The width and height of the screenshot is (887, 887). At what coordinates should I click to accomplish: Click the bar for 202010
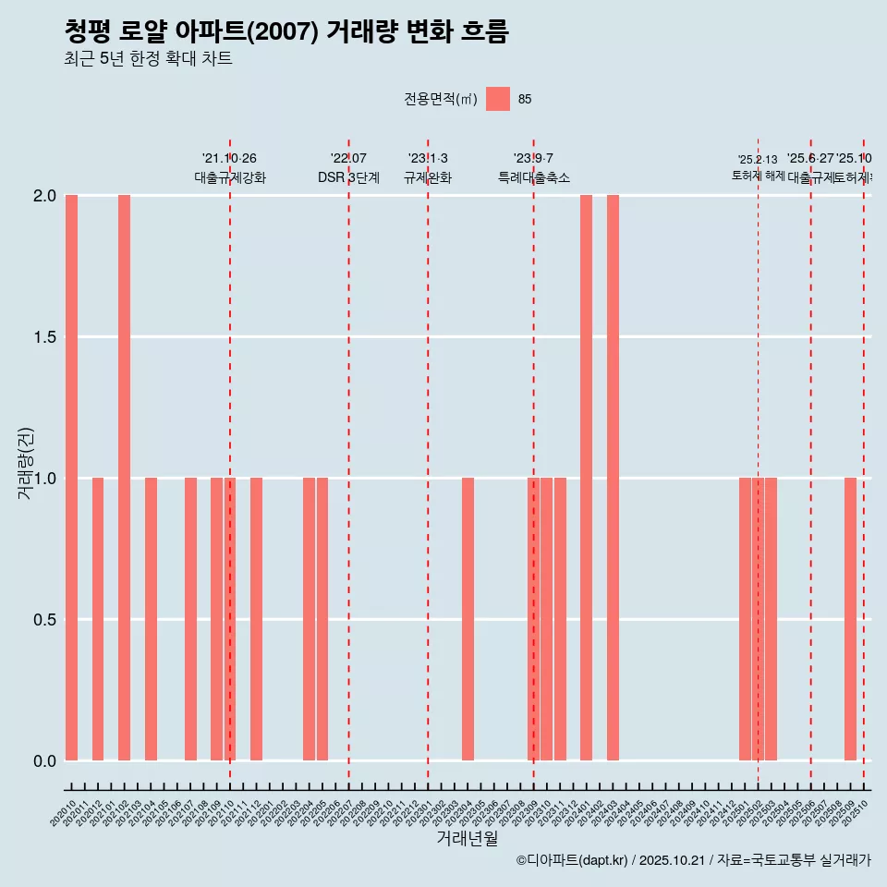pyautogui.click(x=71, y=478)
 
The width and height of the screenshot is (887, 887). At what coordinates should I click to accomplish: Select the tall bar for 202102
pyautogui.click(x=124, y=478)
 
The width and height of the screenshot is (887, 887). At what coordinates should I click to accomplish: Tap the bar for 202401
pyautogui.click(x=586, y=478)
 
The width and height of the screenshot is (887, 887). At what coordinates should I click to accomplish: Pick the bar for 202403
pyautogui.click(x=613, y=478)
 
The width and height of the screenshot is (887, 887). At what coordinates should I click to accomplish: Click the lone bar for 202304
pyautogui.click(x=468, y=619)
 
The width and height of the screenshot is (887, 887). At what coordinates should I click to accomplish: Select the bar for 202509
pyautogui.click(x=850, y=619)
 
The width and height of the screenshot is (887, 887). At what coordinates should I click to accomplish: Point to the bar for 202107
pyautogui.click(x=190, y=619)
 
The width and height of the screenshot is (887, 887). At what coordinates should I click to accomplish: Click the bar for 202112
pyautogui.click(x=256, y=619)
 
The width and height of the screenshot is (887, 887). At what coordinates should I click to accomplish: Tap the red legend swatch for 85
pyautogui.click(x=498, y=99)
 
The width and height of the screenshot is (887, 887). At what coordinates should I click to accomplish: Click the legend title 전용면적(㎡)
pyautogui.click(x=441, y=99)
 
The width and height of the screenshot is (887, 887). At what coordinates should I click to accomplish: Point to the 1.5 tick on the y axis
pyautogui.click(x=43, y=337)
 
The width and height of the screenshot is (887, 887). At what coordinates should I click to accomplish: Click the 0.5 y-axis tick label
pyautogui.click(x=43, y=619)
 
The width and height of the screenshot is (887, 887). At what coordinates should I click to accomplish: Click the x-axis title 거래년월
pyautogui.click(x=467, y=838)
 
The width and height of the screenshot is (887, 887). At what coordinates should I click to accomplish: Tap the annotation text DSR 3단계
pyautogui.click(x=348, y=177)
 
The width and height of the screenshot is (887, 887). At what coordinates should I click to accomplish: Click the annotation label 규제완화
pyautogui.click(x=427, y=177)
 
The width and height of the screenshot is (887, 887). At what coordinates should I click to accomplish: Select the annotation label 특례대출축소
pyautogui.click(x=533, y=177)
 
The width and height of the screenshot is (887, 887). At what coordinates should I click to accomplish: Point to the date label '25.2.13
pyautogui.click(x=758, y=160)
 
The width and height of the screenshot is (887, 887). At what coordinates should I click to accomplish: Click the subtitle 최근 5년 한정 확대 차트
pyautogui.click(x=148, y=59)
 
